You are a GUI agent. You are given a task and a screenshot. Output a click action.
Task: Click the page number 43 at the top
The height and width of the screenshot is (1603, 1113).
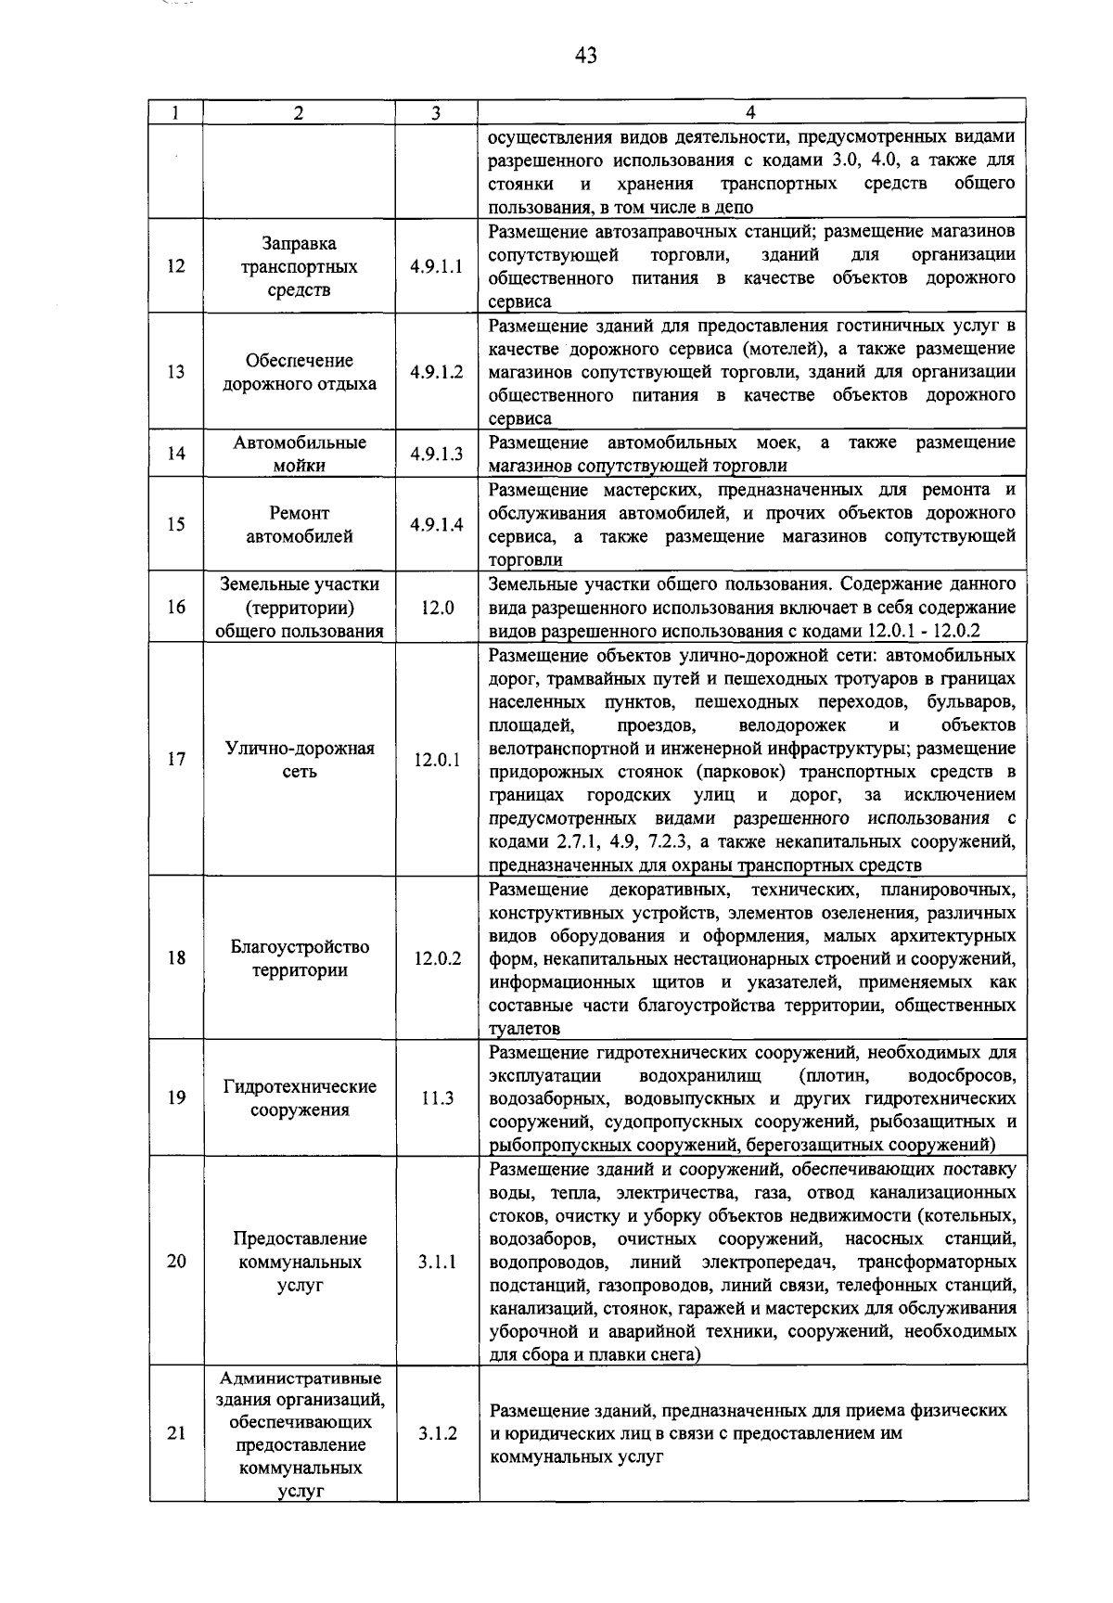(x=585, y=56)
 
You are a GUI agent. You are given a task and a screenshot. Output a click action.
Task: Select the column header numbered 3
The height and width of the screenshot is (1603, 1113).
(x=436, y=113)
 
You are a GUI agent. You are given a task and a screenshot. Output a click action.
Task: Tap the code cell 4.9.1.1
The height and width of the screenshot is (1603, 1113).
(x=436, y=267)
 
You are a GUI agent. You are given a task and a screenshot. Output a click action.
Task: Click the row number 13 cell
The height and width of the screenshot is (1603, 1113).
(x=176, y=372)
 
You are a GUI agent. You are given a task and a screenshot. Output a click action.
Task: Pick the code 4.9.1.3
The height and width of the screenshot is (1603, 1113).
(x=436, y=454)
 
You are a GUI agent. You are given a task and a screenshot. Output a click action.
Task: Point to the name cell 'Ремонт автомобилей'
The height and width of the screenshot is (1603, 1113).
(x=299, y=524)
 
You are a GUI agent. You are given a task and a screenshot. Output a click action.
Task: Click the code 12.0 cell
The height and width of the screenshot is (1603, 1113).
(x=436, y=608)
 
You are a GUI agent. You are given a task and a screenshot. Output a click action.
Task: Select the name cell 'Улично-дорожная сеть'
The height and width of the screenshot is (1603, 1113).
(x=299, y=760)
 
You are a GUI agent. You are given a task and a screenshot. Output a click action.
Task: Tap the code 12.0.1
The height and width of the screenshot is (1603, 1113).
(x=436, y=760)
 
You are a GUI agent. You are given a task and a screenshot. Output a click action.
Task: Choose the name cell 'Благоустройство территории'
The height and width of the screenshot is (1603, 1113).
(x=299, y=958)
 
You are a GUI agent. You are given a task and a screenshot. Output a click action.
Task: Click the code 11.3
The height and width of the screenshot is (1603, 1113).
(x=436, y=1098)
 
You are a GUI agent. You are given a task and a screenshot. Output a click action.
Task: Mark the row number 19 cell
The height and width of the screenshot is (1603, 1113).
(x=176, y=1098)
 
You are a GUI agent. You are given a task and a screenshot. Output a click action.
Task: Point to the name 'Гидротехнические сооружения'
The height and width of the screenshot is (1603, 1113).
(x=299, y=1098)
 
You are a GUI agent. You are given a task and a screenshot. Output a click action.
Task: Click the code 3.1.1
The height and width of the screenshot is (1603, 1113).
(x=436, y=1262)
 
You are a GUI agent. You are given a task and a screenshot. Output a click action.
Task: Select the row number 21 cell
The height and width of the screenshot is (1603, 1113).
(x=176, y=1433)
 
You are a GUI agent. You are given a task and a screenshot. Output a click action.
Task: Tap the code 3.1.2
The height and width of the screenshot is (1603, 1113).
(x=436, y=1433)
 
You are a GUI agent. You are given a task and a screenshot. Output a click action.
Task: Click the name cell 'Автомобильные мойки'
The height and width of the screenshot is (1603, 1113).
(x=299, y=454)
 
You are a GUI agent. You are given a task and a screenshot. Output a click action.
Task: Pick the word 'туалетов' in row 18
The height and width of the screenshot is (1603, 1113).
(x=525, y=1029)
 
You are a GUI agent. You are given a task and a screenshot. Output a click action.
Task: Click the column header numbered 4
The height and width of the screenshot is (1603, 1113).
(x=750, y=113)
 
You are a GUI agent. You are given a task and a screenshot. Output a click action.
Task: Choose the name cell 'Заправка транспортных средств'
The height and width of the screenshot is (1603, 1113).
(x=299, y=267)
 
